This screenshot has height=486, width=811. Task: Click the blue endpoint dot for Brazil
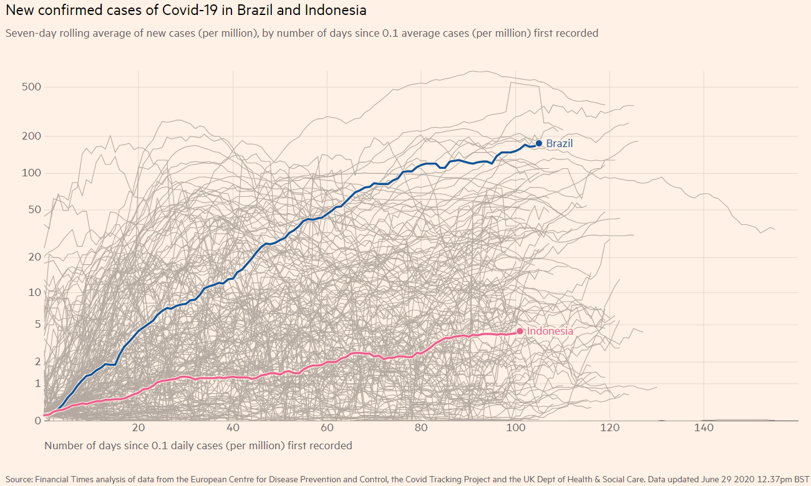[539, 143]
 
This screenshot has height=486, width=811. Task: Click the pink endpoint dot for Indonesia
[520, 331]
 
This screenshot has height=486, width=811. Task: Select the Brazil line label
[559, 143]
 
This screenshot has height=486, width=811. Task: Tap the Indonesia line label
[550, 331]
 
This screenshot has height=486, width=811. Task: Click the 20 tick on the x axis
[138, 428]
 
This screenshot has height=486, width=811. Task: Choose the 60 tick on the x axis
[327, 428]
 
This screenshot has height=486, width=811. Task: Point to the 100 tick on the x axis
[515, 428]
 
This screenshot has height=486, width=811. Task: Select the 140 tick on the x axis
[704, 428]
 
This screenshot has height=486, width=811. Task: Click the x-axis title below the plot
[198, 445]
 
